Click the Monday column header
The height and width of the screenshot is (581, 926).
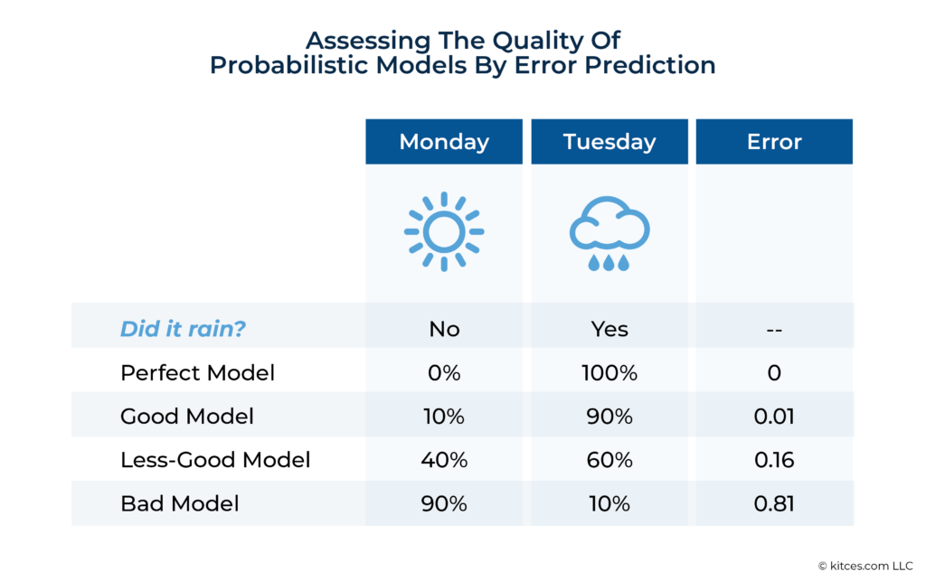click(x=444, y=142)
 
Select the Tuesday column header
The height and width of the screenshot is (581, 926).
click(x=609, y=142)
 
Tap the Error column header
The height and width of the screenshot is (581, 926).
click(x=774, y=142)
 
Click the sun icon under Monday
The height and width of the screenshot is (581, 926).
click(x=444, y=231)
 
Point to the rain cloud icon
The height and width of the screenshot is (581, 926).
click(x=609, y=235)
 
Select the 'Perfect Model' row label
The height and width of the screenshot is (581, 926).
click(x=197, y=372)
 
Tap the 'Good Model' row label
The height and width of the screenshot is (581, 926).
click(x=187, y=416)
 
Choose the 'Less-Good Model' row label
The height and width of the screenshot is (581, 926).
click(x=215, y=460)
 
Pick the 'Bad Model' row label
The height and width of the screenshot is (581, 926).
click(x=180, y=503)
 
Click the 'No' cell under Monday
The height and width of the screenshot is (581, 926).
click(x=444, y=329)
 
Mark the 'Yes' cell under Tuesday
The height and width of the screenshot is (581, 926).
click(x=609, y=329)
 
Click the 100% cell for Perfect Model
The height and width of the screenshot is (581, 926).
click(x=609, y=372)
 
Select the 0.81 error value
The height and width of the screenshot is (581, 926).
click(x=774, y=503)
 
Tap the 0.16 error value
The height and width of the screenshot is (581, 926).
click(x=774, y=460)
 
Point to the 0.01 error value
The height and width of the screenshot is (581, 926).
click(x=774, y=416)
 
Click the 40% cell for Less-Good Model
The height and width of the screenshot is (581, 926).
click(x=444, y=460)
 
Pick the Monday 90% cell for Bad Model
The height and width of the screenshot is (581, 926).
click(x=444, y=503)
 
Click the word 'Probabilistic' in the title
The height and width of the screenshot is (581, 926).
click(x=298, y=66)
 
